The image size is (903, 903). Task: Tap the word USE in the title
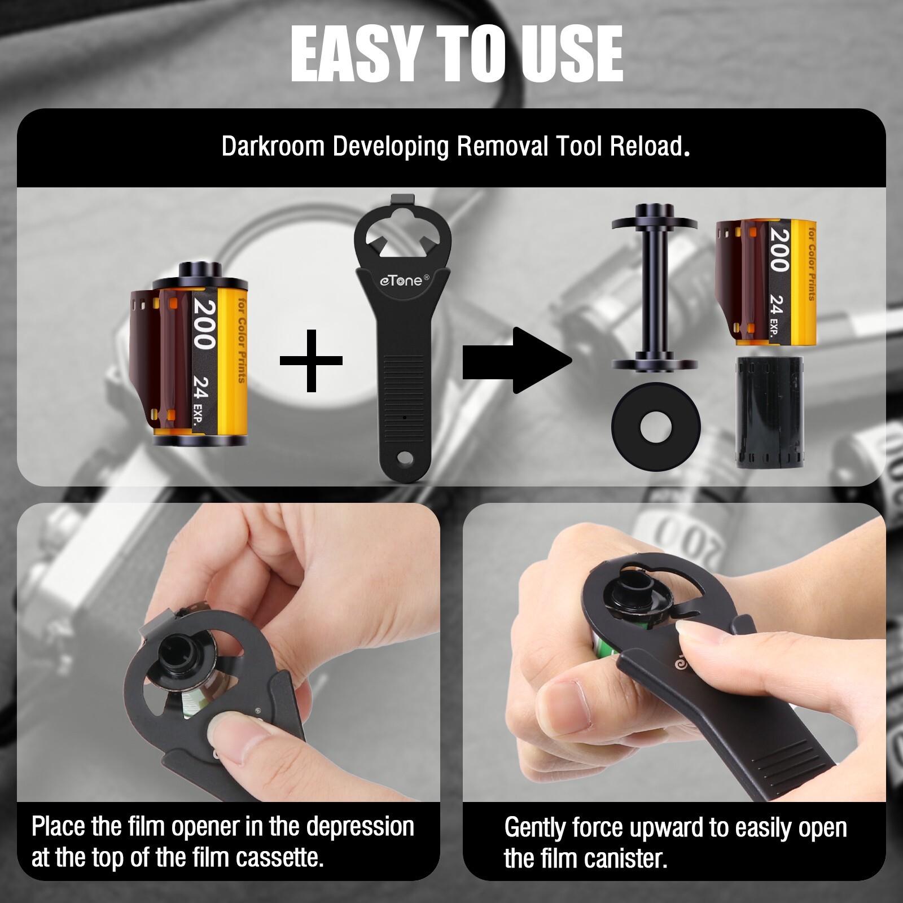point(571,54)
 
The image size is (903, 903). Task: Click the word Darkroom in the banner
point(273,146)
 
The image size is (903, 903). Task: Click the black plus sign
point(311,360)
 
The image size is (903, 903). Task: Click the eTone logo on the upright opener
point(402,280)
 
